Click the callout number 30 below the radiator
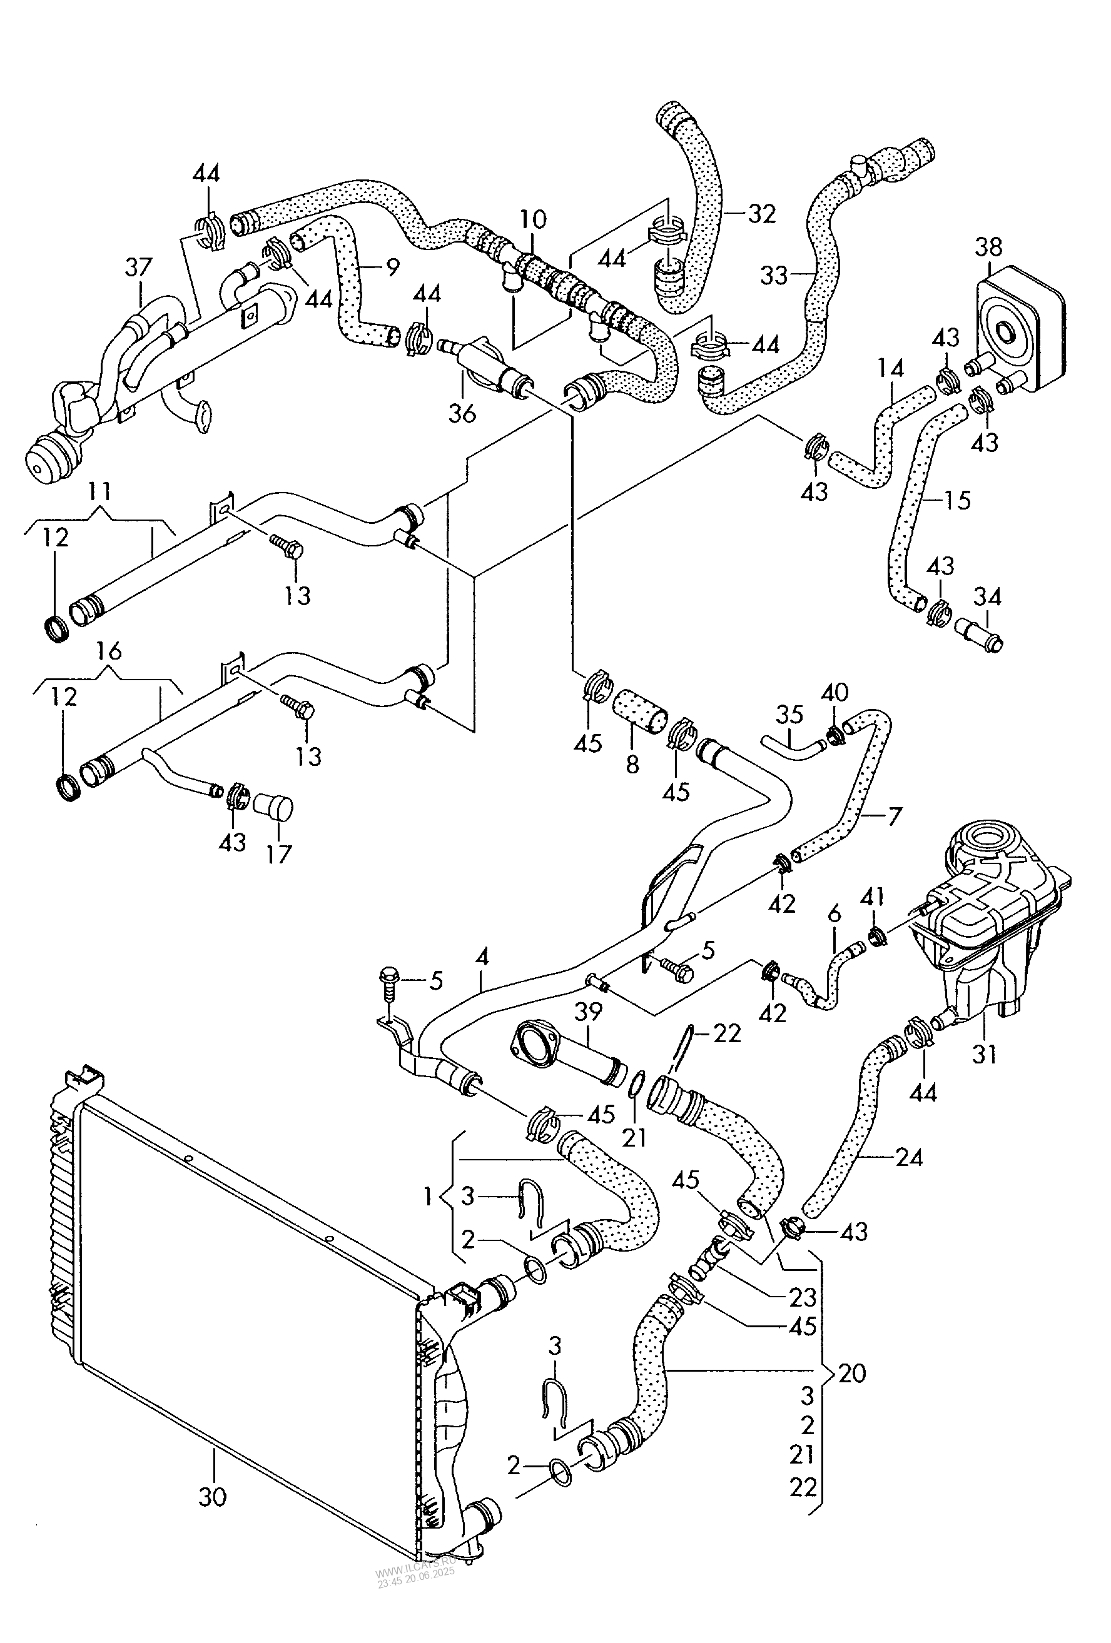pyautogui.click(x=212, y=1496)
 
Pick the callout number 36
pyautogui.click(x=462, y=414)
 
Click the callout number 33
pyautogui.click(x=774, y=274)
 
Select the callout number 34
pyautogui.click(x=987, y=598)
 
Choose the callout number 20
pyautogui.click(x=851, y=1372)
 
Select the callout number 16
pyautogui.click(x=108, y=650)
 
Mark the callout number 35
pyautogui.click(x=789, y=714)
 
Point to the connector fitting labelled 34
pyautogui.click(x=978, y=631)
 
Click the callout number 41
pyautogui.click(x=873, y=898)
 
